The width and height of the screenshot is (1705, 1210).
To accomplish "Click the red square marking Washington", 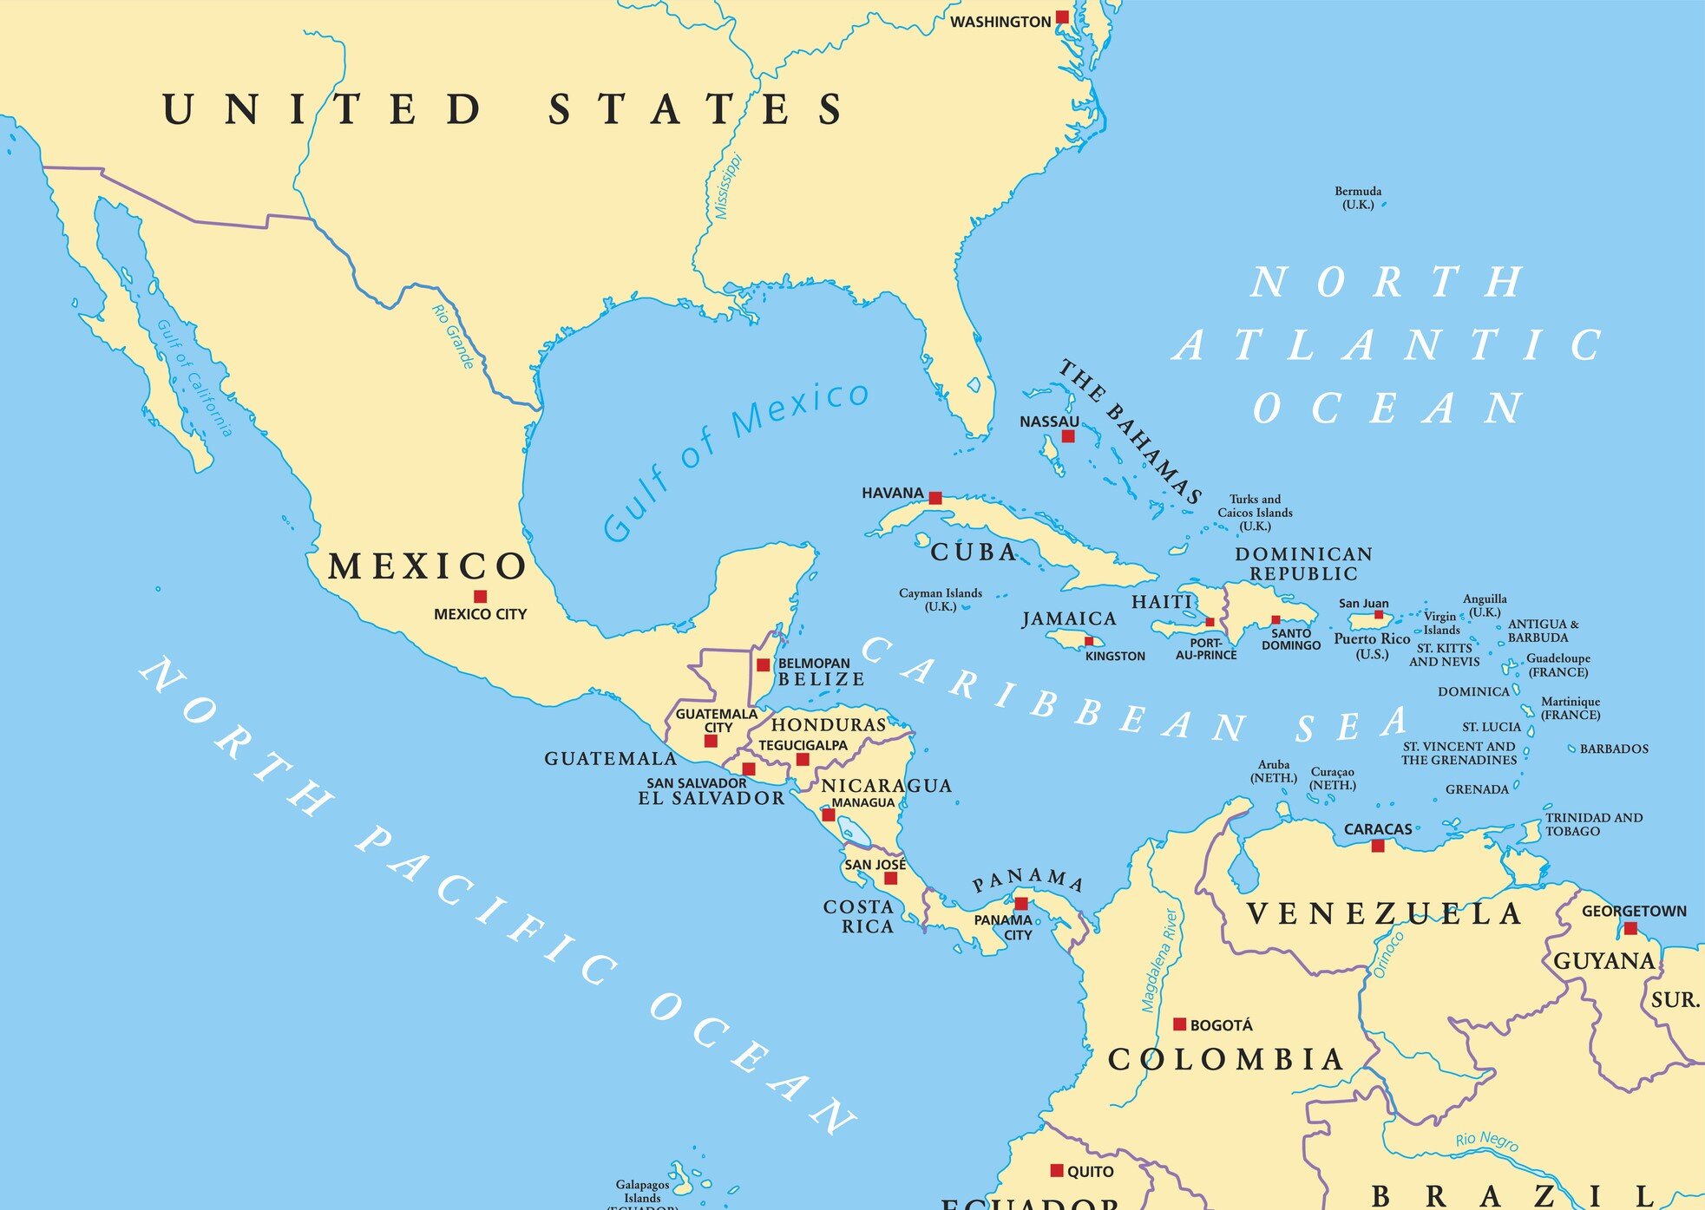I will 1061,17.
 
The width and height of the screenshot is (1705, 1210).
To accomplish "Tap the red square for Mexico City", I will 480,597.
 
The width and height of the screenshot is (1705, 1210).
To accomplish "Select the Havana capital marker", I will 934,498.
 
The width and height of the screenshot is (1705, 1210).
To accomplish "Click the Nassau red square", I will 1068,436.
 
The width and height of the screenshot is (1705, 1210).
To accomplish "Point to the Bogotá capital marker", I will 1179,1024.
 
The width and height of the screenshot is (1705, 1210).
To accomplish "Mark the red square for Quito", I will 1056,1170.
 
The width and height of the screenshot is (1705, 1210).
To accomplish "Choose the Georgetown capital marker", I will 1630,928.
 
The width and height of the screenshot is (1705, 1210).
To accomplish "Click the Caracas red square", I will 1377,846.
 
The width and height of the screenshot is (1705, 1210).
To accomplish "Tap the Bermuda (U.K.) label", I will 1358,198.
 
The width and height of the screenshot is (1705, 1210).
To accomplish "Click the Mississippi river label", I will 727,186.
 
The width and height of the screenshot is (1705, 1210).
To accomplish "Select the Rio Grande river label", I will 454,337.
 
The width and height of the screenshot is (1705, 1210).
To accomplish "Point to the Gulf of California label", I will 194,378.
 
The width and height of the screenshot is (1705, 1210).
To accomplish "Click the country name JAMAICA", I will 1069,618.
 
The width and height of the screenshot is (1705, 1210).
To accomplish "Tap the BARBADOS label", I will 1613,749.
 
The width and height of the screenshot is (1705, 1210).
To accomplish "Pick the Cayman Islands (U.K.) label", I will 940,599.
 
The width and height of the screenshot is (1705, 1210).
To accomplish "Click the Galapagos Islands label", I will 642,1191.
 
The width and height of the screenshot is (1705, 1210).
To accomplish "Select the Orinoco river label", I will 1388,955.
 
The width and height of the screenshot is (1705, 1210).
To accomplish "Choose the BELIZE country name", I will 821,679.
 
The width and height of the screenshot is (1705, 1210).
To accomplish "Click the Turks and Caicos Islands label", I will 1255,512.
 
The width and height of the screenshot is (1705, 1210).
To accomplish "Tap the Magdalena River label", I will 1161,960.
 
